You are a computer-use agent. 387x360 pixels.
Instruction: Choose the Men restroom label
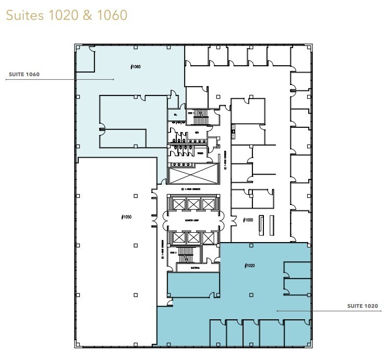click(x=197, y=133)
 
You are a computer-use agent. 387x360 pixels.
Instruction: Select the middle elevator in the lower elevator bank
click(x=192, y=237)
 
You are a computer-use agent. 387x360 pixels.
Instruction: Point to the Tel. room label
click(x=176, y=114)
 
